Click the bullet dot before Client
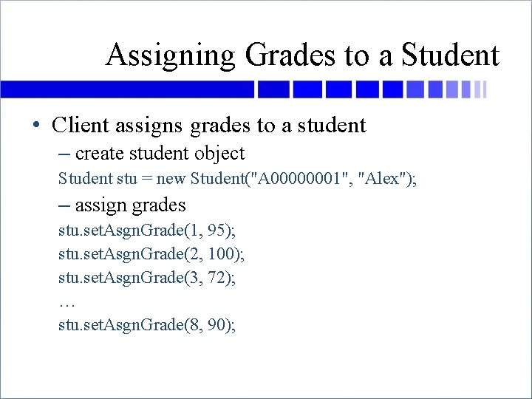pyautogui.click(x=36, y=126)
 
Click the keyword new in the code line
pyautogui.click(x=170, y=178)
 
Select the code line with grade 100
pyautogui.click(x=152, y=254)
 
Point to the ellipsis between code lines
pyautogui.click(x=66, y=303)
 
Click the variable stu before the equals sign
pyautogui.click(x=126, y=178)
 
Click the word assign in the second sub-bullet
pyautogui.click(x=99, y=205)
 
